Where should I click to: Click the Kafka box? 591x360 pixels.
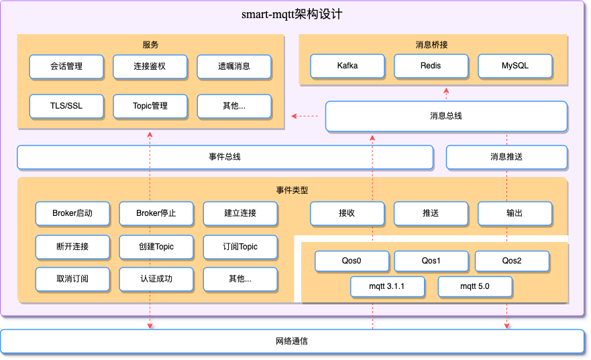click(x=347, y=66)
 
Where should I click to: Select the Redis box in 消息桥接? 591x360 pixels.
click(x=431, y=66)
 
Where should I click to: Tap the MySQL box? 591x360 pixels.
click(x=515, y=66)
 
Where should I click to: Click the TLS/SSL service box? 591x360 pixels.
click(x=66, y=106)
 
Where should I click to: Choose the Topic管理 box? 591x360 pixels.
click(x=150, y=106)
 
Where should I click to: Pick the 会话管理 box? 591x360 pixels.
click(x=66, y=66)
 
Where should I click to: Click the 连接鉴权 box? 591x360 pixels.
click(x=150, y=66)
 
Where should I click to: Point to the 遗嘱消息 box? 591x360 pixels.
click(x=233, y=66)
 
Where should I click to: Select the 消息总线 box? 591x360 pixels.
click(x=446, y=116)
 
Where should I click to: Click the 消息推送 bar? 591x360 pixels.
click(x=506, y=157)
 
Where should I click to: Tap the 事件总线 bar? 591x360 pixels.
click(x=225, y=157)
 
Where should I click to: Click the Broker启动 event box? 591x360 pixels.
click(x=72, y=213)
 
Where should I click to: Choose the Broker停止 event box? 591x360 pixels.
click(x=156, y=213)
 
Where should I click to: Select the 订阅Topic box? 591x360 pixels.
click(x=240, y=246)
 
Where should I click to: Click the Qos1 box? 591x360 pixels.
click(x=431, y=261)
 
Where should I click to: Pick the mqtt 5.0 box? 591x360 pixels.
click(x=475, y=287)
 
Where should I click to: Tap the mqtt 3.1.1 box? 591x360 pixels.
click(x=387, y=287)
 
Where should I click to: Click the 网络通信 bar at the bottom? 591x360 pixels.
click(x=292, y=341)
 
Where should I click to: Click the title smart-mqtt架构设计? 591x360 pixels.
click(x=292, y=14)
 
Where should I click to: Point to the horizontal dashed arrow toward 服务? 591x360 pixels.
click(x=305, y=117)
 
